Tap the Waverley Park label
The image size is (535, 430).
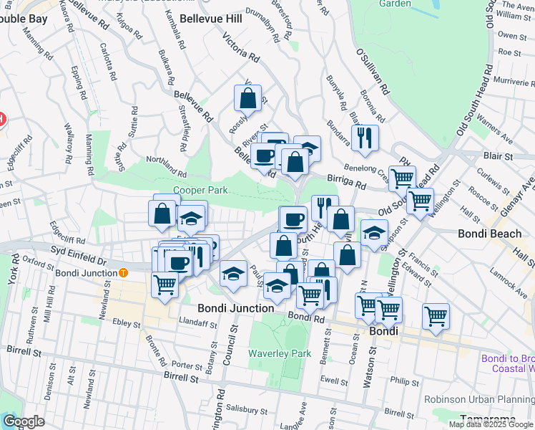(x=280, y=353)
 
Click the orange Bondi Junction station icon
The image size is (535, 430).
(x=124, y=272)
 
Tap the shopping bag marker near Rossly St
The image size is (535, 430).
(x=247, y=98)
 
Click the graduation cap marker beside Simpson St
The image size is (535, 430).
(x=373, y=232)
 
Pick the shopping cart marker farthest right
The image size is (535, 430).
(x=436, y=316)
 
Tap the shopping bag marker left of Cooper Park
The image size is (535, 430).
(x=162, y=212)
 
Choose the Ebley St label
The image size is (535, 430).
(x=127, y=324)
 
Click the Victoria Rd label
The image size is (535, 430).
(x=240, y=46)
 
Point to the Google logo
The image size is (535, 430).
(x=24, y=421)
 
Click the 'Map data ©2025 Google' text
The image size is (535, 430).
(x=491, y=424)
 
